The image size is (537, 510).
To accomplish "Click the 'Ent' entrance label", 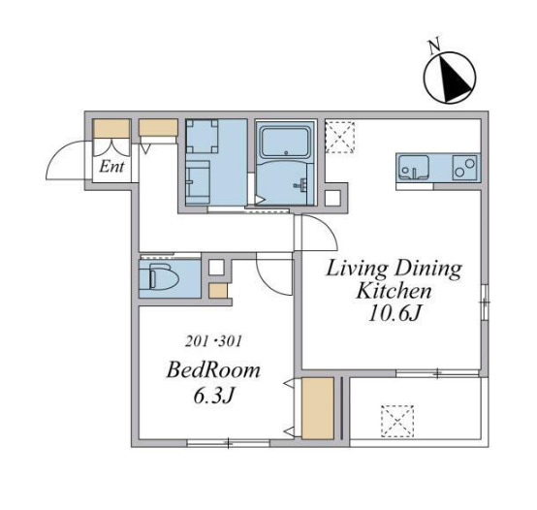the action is coord(111,167).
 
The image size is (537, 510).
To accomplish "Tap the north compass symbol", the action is coord(450,78).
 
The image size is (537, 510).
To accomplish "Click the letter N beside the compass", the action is coord(433,47).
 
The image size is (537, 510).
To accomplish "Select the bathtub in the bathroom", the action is coord(285,142).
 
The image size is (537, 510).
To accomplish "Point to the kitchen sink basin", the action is coord(414,168).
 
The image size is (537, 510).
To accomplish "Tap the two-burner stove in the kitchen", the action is coord(464,168).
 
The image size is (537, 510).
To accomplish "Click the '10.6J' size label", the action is coord(395,313).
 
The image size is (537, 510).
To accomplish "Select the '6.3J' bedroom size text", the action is coord(213,396).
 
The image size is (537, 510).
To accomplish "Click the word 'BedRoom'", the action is coord(213,370).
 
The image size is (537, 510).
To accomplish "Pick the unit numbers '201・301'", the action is coord(213,340).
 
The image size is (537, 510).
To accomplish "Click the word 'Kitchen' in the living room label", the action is coord(394,291).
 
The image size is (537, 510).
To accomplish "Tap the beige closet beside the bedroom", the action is coord(318,408).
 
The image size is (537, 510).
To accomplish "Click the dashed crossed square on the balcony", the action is coord(397,422).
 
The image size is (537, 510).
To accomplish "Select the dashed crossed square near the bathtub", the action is coord(339,137).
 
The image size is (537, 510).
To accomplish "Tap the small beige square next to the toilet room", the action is coord(218,292).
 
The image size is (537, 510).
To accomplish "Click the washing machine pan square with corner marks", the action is coord(202,136).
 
